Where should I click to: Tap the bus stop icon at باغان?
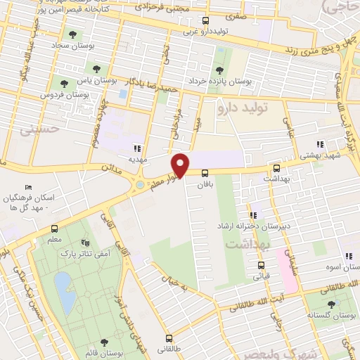tap(205, 172)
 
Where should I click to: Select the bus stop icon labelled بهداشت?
tap(276, 169)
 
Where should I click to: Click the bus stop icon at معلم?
tap(54, 229)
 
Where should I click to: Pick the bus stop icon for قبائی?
tap(262, 265)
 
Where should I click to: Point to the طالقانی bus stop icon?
tap(168, 337)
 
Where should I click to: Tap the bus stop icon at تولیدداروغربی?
tap(205, 21)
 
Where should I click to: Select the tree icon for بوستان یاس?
tap(96, 70)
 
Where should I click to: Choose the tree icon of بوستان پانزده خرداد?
tap(221, 70)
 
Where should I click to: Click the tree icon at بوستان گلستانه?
tap(330, 304)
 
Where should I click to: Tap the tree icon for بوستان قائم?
tap(104, 342)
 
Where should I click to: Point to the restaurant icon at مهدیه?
tap(137, 148)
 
